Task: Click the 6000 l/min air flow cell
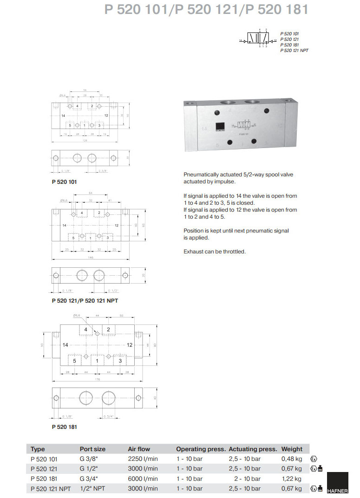pyautogui.click(x=143, y=479)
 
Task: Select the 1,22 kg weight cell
pyautogui.click(x=292, y=479)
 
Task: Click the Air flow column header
pyautogui.click(x=139, y=449)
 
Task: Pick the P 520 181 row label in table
pyautogui.click(x=45, y=479)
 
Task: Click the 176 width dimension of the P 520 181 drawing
pyautogui.click(x=97, y=380)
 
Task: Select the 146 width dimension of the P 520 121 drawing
pyautogui.click(x=90, y=258)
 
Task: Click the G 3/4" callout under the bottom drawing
pyautogui.click(x=109, y=416)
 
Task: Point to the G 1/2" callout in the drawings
pyautogui.click(x=113, y=291)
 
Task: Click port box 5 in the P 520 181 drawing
pyautogui.click(x=74, y=360)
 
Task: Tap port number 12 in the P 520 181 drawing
pyautogui.click(x=130, y=345)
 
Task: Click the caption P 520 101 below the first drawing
pyautogui.click(x=64, y=181)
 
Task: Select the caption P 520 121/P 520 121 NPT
pyautogui.click(x=85, y=301)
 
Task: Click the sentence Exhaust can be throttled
pyautogui.click(x=214, y=252)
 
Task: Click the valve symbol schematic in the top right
pyautogui.click(x=257, y=40)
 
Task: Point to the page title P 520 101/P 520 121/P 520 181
pyautogui.click(x=206, y=10)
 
